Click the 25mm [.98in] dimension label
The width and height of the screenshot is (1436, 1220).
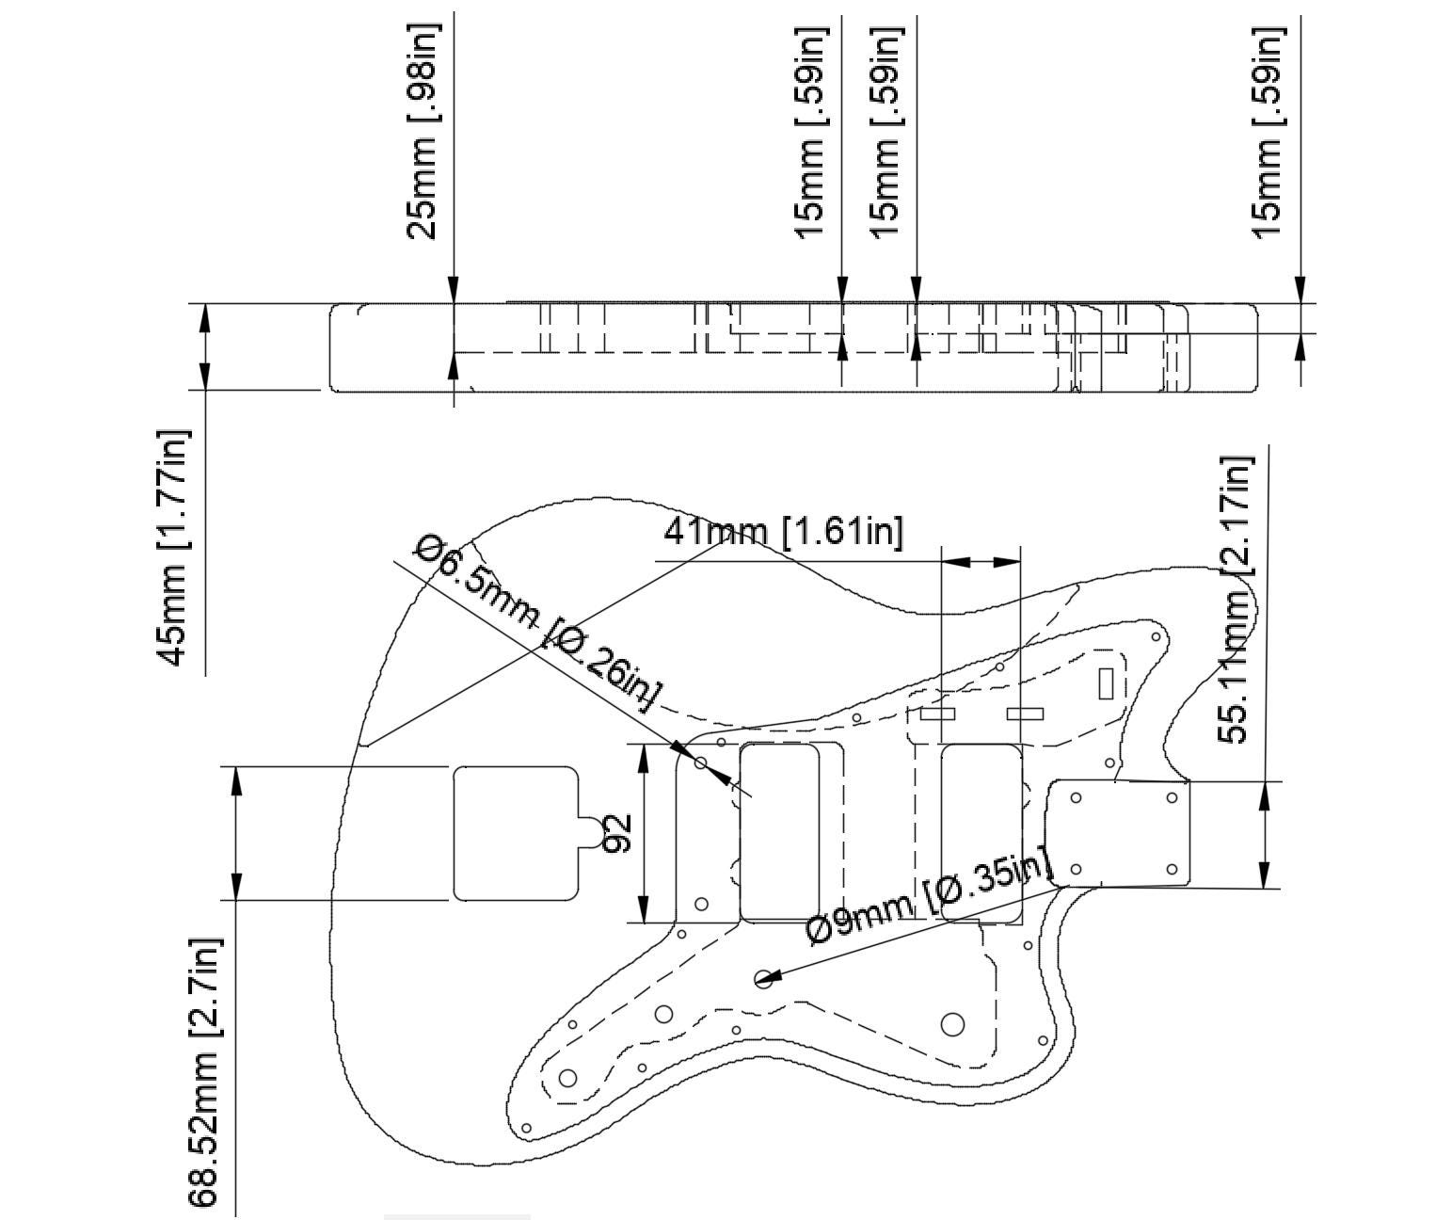(x=423, y=132)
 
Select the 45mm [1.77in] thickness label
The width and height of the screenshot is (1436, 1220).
(x=173, y=548)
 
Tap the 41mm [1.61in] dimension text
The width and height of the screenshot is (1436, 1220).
(x=783, y=531)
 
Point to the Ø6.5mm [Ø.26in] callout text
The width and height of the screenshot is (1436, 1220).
(x=537, y=623)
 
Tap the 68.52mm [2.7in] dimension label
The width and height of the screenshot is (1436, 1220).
(x=204, y=1072)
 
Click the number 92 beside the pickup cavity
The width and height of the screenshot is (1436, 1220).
(x=616, y=834)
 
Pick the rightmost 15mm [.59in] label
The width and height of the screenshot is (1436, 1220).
(x=1268, y=132)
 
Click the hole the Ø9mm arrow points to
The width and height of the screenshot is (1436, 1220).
(x=763, y=980)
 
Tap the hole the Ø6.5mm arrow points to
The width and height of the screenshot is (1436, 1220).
(x=701, y=762)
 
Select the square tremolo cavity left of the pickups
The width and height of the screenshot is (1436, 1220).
(x=514, y=833)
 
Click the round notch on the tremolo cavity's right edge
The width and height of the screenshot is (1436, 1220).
(x=589, y=834)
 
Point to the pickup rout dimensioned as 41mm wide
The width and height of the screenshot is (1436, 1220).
(x=981, y=833)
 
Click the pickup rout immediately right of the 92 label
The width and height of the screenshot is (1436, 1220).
(x=779, y=833)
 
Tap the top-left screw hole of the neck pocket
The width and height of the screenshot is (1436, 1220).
(x=1076, y=798)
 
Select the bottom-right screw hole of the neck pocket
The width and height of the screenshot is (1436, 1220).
(x=1172, y=869)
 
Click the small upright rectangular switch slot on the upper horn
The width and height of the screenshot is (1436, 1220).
(x=1106, y=682)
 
